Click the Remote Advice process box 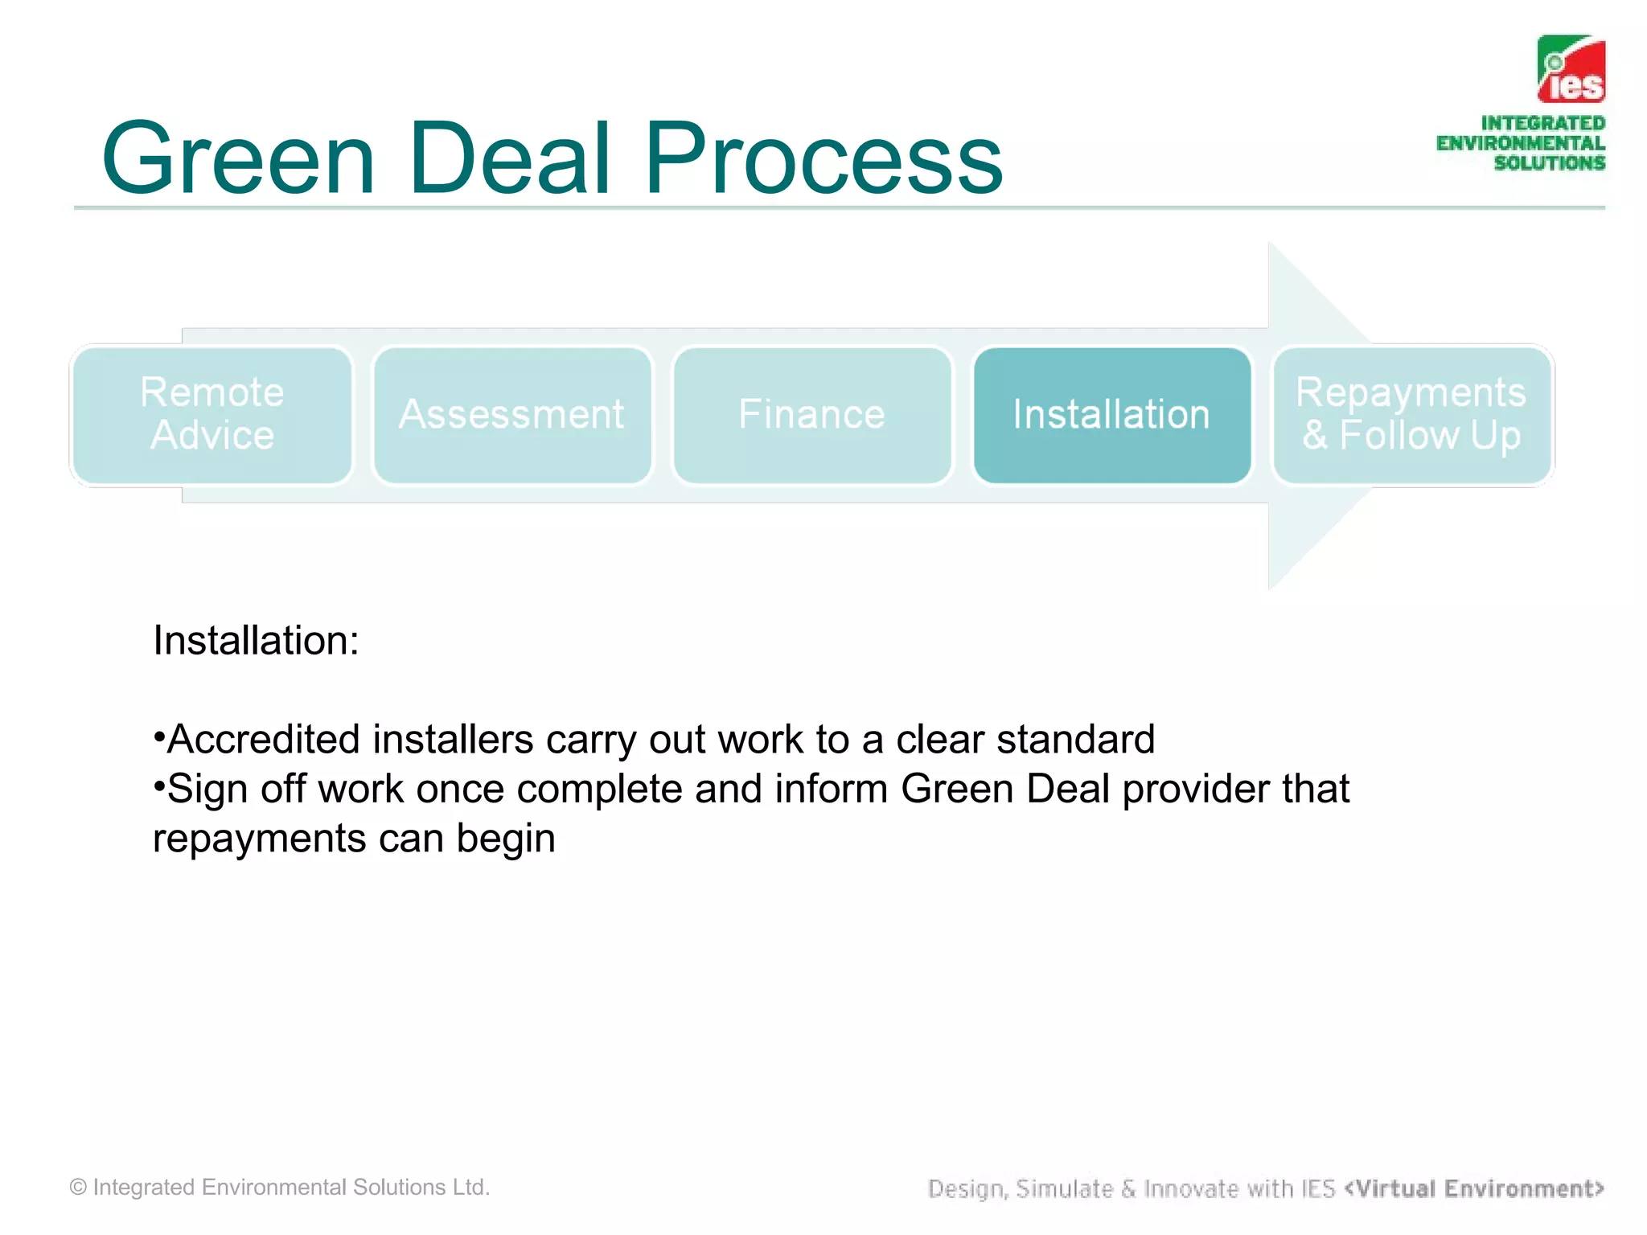pos(212,415)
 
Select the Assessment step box pos(511,415)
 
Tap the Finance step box pos(811,415)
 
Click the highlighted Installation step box pos(1111,415)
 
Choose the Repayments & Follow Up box pos(1411,415)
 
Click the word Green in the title pos(238,158)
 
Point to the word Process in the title pos(823,158)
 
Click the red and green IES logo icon pos(1571,69)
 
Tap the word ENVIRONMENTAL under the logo pos(1520,144)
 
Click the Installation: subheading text pos(256,641)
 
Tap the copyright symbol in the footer pos(78,1188)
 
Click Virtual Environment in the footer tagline pos(1474,1188)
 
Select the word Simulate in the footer pos(1064,1188)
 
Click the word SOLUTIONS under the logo pos(1549,163)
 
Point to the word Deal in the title pos(509,158)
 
